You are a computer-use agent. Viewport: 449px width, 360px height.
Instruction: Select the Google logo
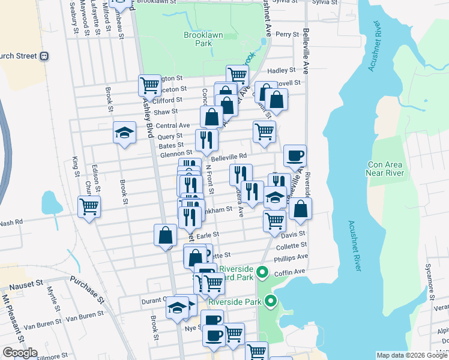tap(19, 353)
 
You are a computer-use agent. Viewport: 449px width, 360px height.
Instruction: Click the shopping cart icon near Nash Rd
tap(89, 206)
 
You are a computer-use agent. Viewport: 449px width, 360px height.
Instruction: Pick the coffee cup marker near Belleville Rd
tap(295, 156)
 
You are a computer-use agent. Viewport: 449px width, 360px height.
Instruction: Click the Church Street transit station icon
tap(44, 56)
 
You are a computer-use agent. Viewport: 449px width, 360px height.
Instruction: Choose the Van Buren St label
tap(80, 316)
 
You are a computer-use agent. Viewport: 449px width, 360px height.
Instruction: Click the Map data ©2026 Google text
tap(412, 355)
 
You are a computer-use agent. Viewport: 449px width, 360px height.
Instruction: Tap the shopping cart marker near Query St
tap(264, 131)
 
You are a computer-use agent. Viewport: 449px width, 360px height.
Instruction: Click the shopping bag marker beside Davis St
tap(300, 209)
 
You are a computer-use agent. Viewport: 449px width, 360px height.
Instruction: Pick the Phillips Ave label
tap(291, 257)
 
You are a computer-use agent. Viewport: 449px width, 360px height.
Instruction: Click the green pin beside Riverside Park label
tap(271, 302)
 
